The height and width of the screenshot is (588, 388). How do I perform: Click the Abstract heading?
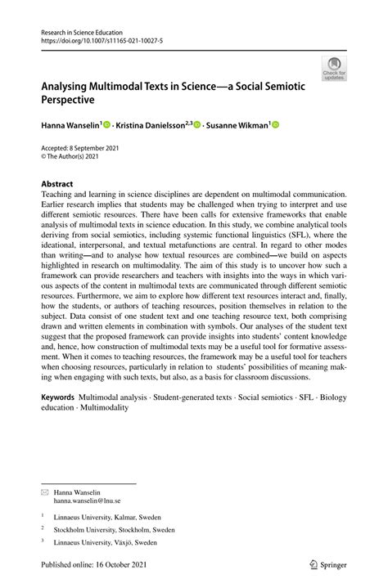point(57,184)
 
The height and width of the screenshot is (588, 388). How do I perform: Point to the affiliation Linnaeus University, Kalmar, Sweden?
point(107,517)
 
